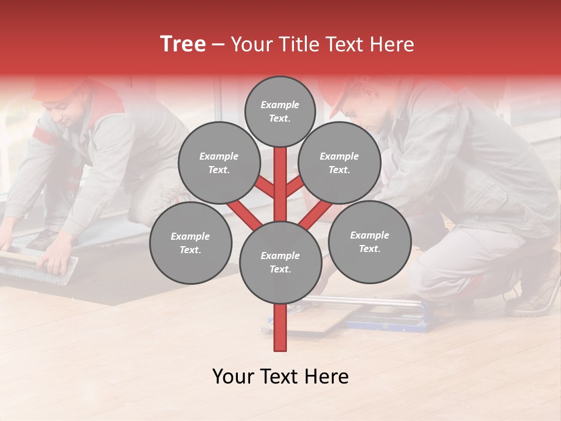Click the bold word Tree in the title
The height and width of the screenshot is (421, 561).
pyautogui.click(x=183, y=44)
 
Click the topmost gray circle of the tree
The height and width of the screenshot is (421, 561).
pyautogui.click(x=280, y=111)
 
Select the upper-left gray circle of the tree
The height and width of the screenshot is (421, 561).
pyautogui.click(x=219, y=163)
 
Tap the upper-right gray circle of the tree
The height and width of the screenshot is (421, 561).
pyautogui.click(x=339, y=163)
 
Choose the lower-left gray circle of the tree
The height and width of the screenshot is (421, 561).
pyautogui.click(x=190, y=243)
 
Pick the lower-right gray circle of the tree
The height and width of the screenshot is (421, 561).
pyautogui.click(x=369, y=241)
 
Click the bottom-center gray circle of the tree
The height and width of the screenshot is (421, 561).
pyautogui.click(x=280, y=262)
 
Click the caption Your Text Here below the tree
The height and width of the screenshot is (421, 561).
pyautogui.click(x=280, y=377)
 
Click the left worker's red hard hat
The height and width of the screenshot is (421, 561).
pyautogui.click(x=53, y=88)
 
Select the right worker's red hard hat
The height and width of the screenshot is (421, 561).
pyautogui.click(x=342, y=94)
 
